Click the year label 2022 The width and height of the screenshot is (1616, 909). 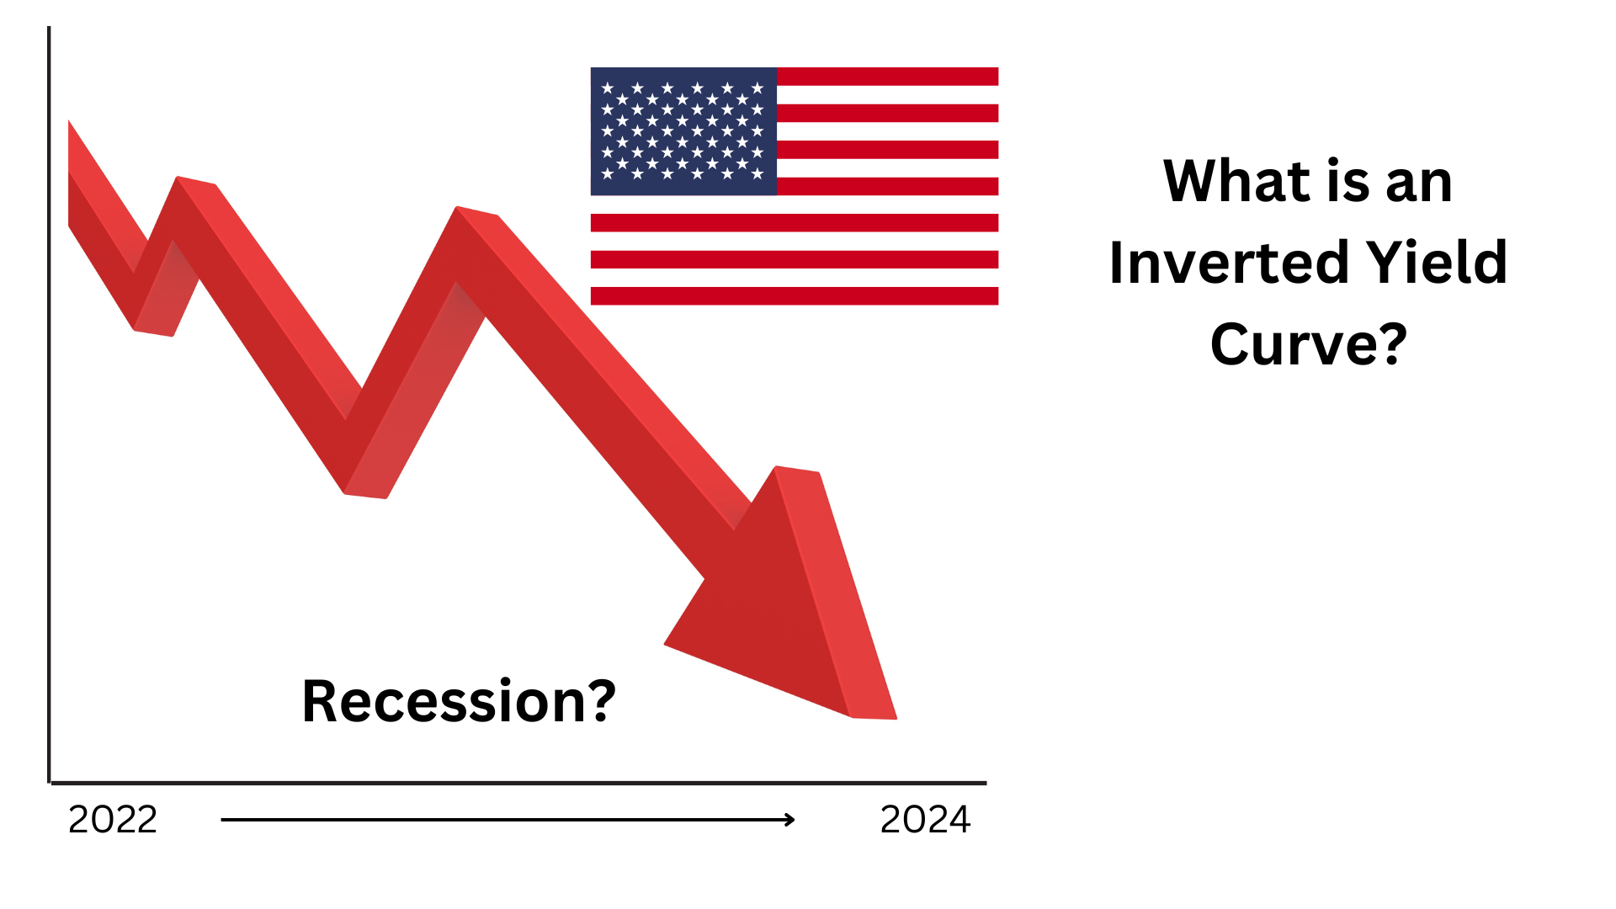[x=113, y=820]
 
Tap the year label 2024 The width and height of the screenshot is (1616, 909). [x=925, y=820]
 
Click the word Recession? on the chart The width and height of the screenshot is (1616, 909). [x=459, y=701]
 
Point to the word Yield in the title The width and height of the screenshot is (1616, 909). [x=1437, y=262]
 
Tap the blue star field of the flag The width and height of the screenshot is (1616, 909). [x=683, y=131]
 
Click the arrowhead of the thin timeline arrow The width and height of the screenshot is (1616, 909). [x=789, y=820]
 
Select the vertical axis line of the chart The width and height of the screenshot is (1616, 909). [x=49, y=405]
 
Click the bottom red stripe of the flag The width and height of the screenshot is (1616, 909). [x=795, y=295]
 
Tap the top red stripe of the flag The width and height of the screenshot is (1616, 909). [x=887, y=77]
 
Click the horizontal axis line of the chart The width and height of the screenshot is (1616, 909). [x=518, y=783]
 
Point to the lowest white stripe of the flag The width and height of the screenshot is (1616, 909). [x=795, y=278]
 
